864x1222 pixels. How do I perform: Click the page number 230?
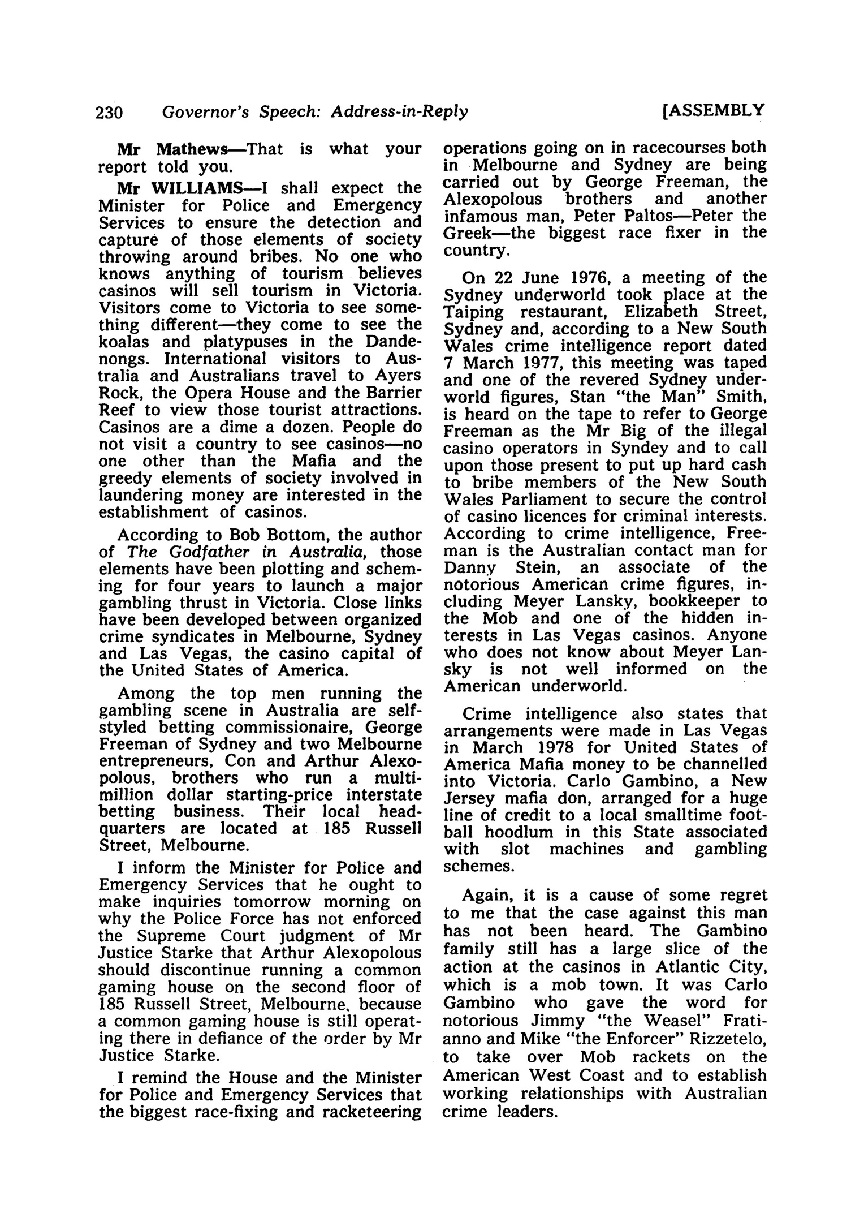coord(109,113)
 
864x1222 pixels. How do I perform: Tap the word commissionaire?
coord(291,726)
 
